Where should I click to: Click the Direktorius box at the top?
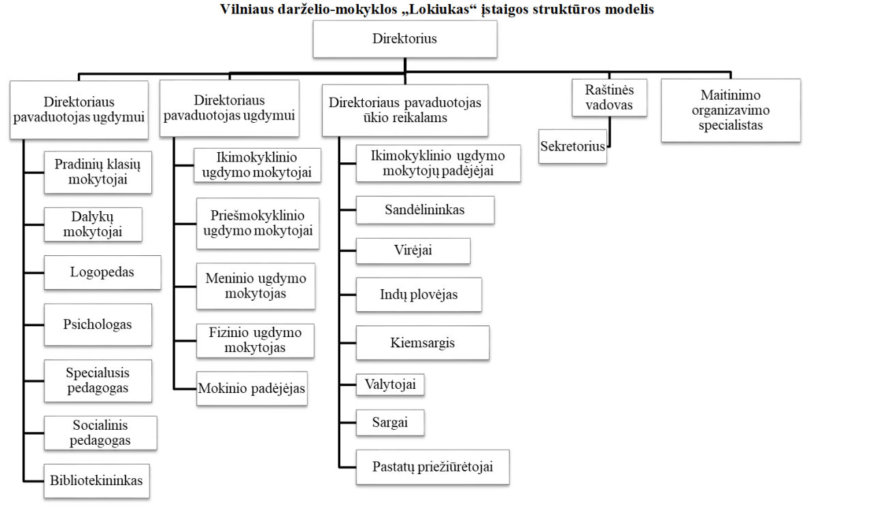click(405, 39)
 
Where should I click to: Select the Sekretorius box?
click(572, 146)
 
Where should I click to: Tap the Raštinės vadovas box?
click(610, 98)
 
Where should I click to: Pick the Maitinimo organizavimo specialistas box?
click(730, 111)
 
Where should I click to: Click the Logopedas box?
click(102, 273)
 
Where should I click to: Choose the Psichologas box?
click(98, 325)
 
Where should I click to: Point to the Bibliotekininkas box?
click(97, 481)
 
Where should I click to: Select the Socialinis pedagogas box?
click(100, 433)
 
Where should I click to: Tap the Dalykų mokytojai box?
click(93, 224)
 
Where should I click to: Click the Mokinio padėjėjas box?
click(252, 388)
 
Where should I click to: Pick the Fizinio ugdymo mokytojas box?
click(255, 340)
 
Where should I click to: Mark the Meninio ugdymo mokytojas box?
click(256, 287)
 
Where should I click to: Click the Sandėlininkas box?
click(425, 209)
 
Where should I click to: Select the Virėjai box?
click(413, 250)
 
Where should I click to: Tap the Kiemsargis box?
click(422, 342)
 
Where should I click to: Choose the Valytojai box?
click(390, 385)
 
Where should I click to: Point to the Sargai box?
click(390, 423)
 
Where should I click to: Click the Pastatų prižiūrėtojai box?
click(432, 467)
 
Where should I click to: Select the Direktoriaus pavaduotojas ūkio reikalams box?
click(405, 111)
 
